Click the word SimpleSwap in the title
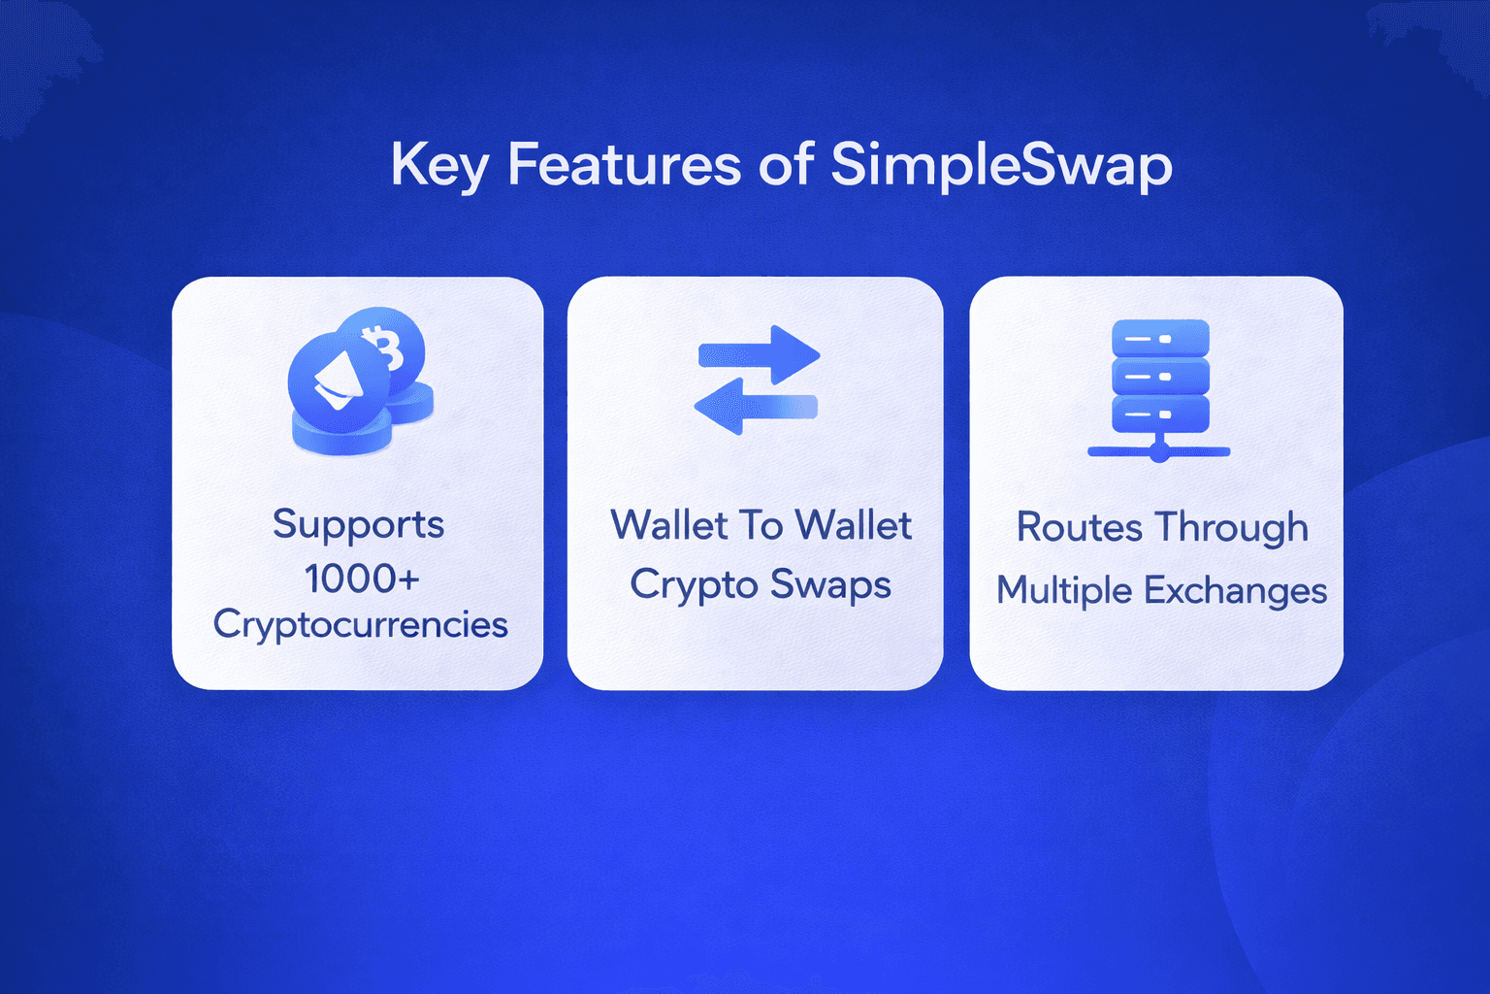[x=1001, y=166]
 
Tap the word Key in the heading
[x=440, y=166]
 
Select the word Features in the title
[x=624, y=164]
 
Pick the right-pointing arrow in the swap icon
[x=759, y=354]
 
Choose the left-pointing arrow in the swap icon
[x=756, y=406]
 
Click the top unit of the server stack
[x=1160, y=338]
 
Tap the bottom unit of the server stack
[x=1160, y=414]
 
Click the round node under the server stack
[x=1159, y=454]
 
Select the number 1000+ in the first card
[x=362, y=579]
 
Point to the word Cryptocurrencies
[x=361, y=626]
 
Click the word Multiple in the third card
[x=1063, y=591]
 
